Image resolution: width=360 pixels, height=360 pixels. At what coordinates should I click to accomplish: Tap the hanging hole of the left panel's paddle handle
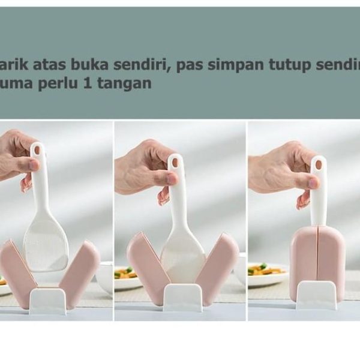point(36,149)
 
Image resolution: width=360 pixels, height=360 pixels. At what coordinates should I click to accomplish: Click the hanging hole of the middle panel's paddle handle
point(175,161)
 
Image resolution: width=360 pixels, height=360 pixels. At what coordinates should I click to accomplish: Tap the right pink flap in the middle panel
point(218,267)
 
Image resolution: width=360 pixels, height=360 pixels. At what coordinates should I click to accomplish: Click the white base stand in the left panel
point(47,300)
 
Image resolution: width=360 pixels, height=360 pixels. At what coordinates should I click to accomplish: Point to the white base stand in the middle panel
point(182,297)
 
